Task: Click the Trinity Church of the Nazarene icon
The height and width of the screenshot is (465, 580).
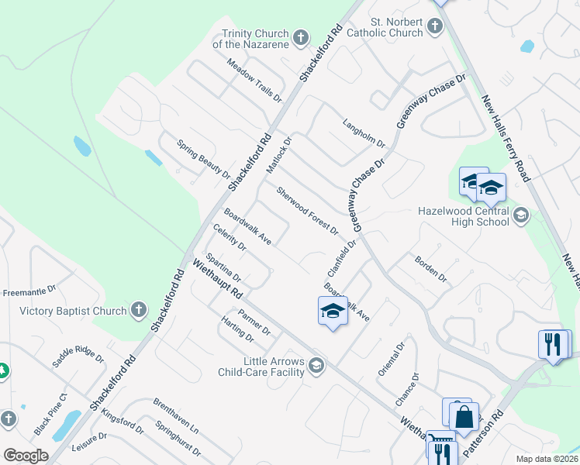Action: tap(301, 36)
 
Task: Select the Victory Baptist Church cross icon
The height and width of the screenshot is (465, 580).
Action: tap(138, 311)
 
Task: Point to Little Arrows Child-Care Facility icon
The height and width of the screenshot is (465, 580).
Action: tap(316, 365)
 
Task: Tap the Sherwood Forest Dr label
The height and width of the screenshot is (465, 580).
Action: tap(308, 209)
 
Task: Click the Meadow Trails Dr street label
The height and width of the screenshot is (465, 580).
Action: tap(254, 83)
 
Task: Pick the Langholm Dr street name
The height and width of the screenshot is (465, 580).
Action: tap(364, 133)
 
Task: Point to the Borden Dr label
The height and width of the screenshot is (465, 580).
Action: tap(431, 269)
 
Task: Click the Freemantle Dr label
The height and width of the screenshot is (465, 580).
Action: tap(30, 292)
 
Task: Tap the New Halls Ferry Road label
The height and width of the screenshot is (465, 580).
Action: tap(505, 139)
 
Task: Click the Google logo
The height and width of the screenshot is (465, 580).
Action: tap(26, 456)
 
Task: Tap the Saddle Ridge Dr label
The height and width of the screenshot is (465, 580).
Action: tap(78, 357)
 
